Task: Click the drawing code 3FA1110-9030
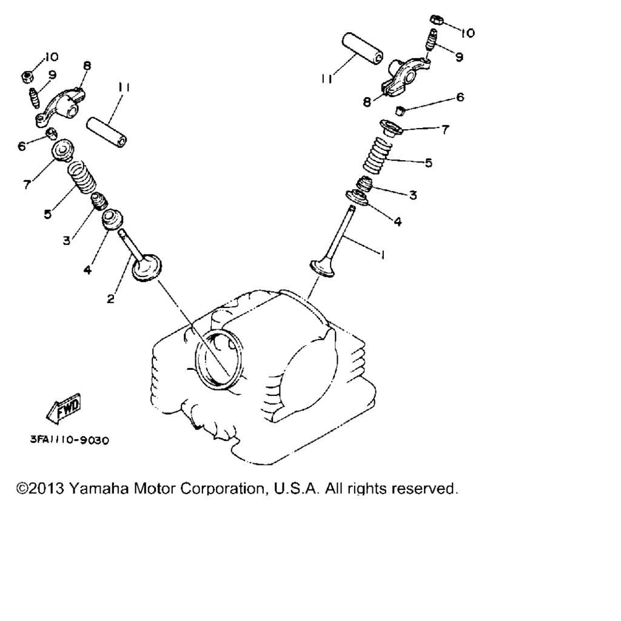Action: coord(70,440)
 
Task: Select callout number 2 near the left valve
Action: coord(110,298)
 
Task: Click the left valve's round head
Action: coord(147,267)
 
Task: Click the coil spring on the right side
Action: coord(377,155)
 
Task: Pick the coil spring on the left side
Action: coord(82,177)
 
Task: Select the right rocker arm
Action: coord(404,77)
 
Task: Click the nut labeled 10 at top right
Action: coord(436,19)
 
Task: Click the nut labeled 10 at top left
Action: coord(27,76)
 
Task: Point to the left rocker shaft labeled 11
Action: coord(107,132)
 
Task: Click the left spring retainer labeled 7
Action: coord(62,150)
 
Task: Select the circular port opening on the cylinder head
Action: coord(218,358)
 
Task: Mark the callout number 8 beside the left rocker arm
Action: coord(87,65)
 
